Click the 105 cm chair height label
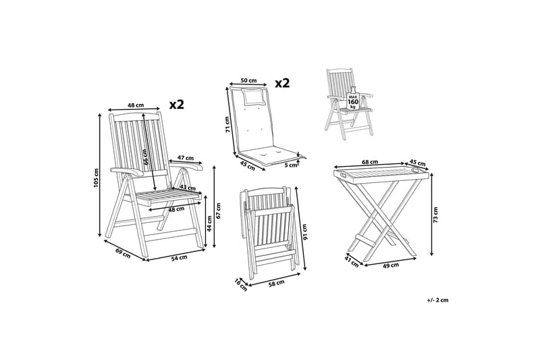click(x=96, y=178)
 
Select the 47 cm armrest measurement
click(x=185, y=158)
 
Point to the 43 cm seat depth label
click(x=188, y=188)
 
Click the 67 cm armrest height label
click(x=219, y=210)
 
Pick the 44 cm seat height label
click(x=209, y=224)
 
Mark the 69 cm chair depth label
click(x=123, y=253)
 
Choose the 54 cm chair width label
click(x=179, y=257)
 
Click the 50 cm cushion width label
click(x=248, y=80)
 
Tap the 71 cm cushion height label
click(x=227, y=125)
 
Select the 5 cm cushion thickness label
click(x=291, y=165)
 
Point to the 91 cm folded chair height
click(x=304, y=232)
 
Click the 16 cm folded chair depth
click(x=241, y=284)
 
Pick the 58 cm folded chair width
click(x=276, y=282)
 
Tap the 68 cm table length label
click(x=370, y=161)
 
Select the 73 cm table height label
click(x=435, y=215)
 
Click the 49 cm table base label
click(x=391, y=265)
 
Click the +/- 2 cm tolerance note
click(x=437, y=300)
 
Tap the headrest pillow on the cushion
click(x=254, y=96)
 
